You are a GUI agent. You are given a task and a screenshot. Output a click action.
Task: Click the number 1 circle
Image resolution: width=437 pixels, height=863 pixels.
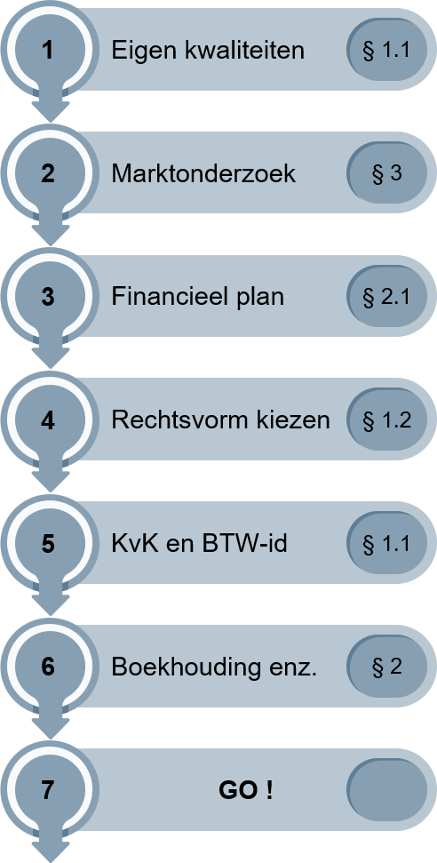click(50, 50)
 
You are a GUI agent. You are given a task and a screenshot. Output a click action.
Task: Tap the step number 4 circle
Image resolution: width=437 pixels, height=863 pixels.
click(50, 420)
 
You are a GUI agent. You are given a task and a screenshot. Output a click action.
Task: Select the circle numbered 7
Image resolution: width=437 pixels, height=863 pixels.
click(50, 791)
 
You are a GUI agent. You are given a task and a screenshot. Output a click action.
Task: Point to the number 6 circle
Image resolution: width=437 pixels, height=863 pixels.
click(50, 667)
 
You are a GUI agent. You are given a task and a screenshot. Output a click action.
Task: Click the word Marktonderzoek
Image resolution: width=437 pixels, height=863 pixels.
click(203, 174)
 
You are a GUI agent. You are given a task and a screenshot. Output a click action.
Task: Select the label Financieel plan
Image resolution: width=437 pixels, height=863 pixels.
click(198, 297)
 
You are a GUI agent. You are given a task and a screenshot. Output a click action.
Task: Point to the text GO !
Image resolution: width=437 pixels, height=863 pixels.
click(245, 791)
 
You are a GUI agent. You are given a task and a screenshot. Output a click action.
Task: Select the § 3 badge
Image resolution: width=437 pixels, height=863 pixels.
click(387, 174)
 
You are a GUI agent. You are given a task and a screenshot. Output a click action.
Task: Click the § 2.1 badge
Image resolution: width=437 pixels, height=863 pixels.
click(387, 297)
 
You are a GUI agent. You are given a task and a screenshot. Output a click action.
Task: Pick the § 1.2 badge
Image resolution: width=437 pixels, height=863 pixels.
click(387, 420)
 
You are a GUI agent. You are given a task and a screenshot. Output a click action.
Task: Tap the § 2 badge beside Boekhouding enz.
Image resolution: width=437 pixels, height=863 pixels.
click(387, 667)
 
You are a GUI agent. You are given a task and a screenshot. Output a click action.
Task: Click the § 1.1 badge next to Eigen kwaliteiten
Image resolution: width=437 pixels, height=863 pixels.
click(387, 50)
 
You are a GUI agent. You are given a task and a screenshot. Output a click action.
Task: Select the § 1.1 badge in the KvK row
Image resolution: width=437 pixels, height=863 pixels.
click(387, 544)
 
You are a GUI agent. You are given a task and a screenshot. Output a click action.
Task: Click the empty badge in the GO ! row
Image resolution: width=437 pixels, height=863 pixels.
click(387, 791)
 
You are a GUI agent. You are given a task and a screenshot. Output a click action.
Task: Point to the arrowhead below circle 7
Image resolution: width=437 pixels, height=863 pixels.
click(50, 848)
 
